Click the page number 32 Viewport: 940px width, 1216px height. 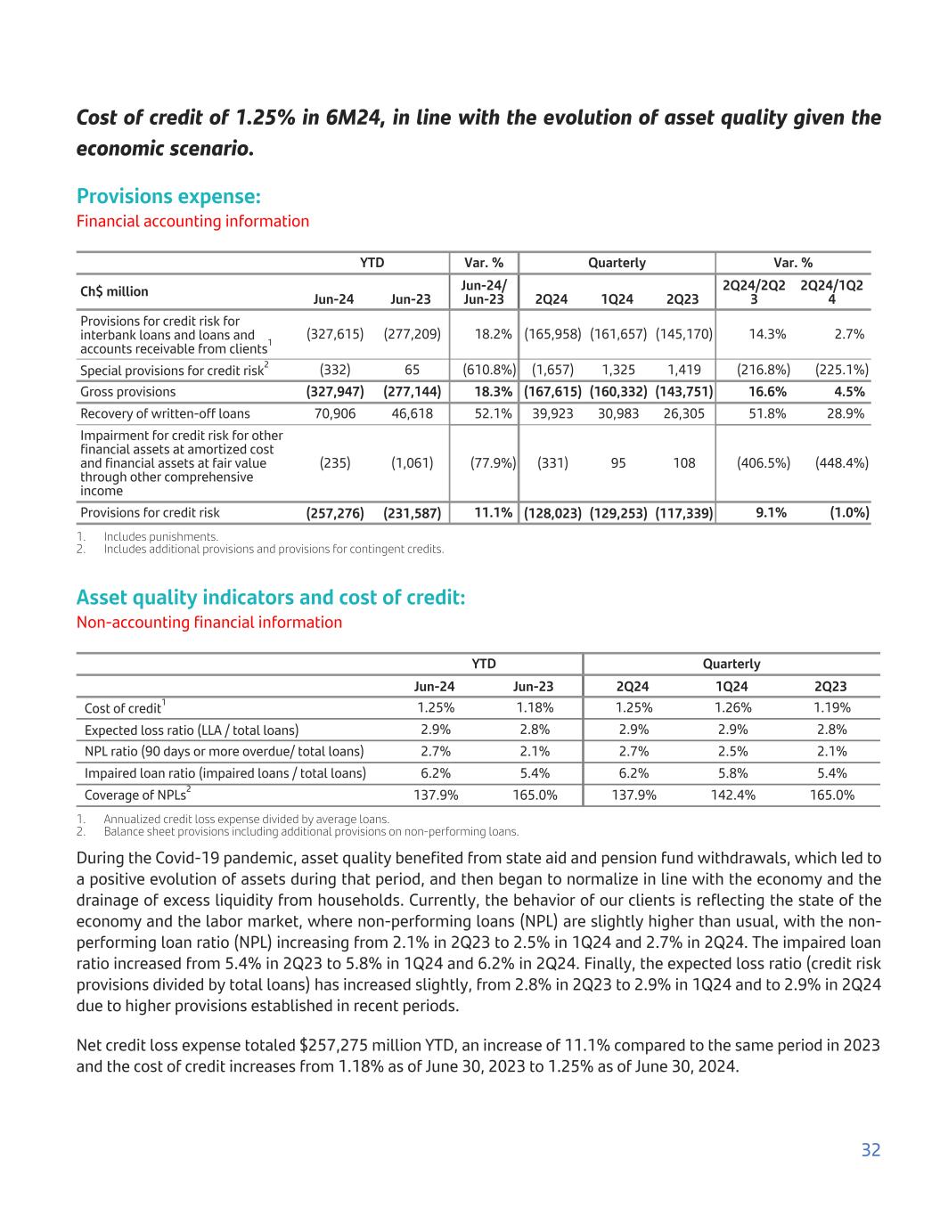pos(871,1150)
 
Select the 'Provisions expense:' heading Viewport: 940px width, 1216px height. pos(168,196)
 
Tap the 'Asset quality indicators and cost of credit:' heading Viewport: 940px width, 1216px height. pos(271,597)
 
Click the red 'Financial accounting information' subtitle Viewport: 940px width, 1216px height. pos(192,221)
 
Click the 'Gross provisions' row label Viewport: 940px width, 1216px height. pos(128,392)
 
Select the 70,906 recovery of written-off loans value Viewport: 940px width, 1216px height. pos(335,413)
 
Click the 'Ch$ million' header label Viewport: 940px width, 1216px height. pos(114,291)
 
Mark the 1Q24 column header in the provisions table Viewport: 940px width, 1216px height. pos(618,299)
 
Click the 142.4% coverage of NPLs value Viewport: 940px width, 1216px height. pos(732,795)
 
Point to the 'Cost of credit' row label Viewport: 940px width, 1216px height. pos(123,708)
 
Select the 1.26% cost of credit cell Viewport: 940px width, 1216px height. pos(732,707)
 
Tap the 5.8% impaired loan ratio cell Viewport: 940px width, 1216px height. pos(732,773)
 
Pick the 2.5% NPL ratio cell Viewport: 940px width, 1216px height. pos(732,751)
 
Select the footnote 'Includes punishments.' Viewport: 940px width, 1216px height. pos(160,536)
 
